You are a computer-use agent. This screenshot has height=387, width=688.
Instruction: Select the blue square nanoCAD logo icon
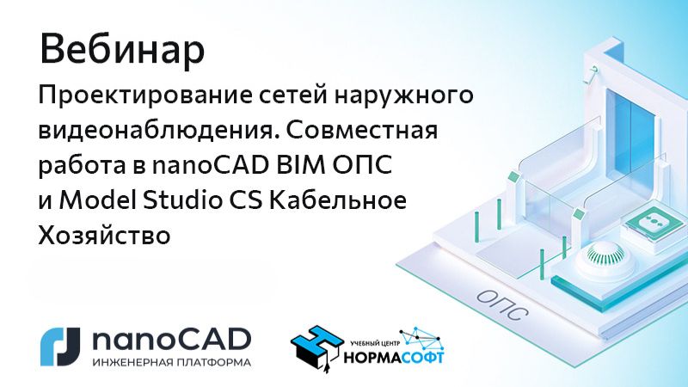[x=60, y=347]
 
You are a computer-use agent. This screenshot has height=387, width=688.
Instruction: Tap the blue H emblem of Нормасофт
[x=316, y=345]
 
